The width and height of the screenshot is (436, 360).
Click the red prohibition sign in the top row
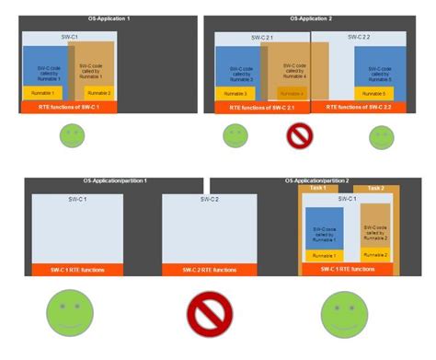(300, 136)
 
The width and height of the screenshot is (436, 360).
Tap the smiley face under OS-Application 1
(73, 136)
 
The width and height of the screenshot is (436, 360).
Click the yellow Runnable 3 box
(236, 93)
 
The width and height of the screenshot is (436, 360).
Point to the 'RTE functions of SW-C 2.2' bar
(365, 108)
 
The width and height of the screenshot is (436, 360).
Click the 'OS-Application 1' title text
(101, 18)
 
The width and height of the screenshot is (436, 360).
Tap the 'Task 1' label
(318, 189)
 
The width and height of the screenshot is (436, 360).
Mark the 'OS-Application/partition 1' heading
(114, 181)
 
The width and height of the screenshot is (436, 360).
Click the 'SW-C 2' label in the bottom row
(209, 199)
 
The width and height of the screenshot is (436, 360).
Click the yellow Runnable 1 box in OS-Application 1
(42, 93)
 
